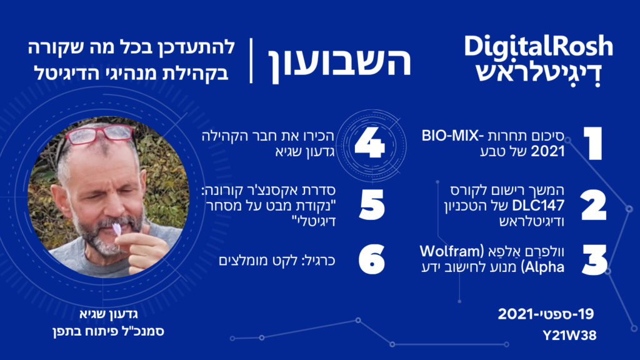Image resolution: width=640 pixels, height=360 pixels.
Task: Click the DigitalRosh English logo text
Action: pos(538,46)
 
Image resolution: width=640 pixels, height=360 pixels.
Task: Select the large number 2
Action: pos(594,205)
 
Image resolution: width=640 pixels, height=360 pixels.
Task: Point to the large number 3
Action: pos(595,260)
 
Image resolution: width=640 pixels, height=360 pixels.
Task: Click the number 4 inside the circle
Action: pos(370,144)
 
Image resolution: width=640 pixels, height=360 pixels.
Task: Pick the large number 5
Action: pos(372,205)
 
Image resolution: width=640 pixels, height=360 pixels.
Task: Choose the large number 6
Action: pos(372,259)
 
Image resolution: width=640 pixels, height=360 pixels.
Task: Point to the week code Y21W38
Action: pos(570,336)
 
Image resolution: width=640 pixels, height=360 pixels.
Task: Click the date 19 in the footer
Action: pos(586,314)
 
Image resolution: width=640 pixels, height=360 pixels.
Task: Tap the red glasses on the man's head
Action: pos(99,135)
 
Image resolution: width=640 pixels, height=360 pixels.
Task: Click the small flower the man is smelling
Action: pos(117,229)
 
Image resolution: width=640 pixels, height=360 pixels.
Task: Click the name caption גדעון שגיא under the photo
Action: pos(109,314)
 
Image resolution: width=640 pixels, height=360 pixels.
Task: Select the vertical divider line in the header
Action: pos(251,61)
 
